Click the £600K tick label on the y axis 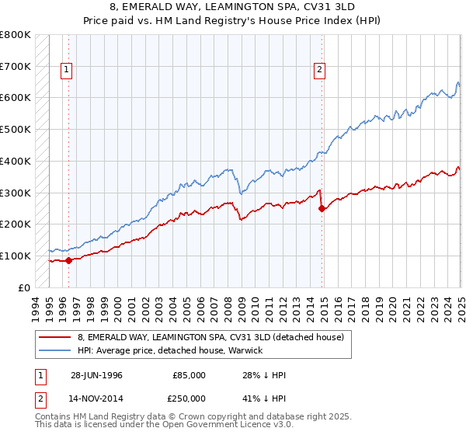click(16, 98)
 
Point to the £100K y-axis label click(16, 256)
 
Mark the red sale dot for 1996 click(68, 260)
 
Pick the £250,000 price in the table click(190, 398)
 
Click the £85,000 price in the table click(190, 375)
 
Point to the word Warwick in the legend click(244, 350)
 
